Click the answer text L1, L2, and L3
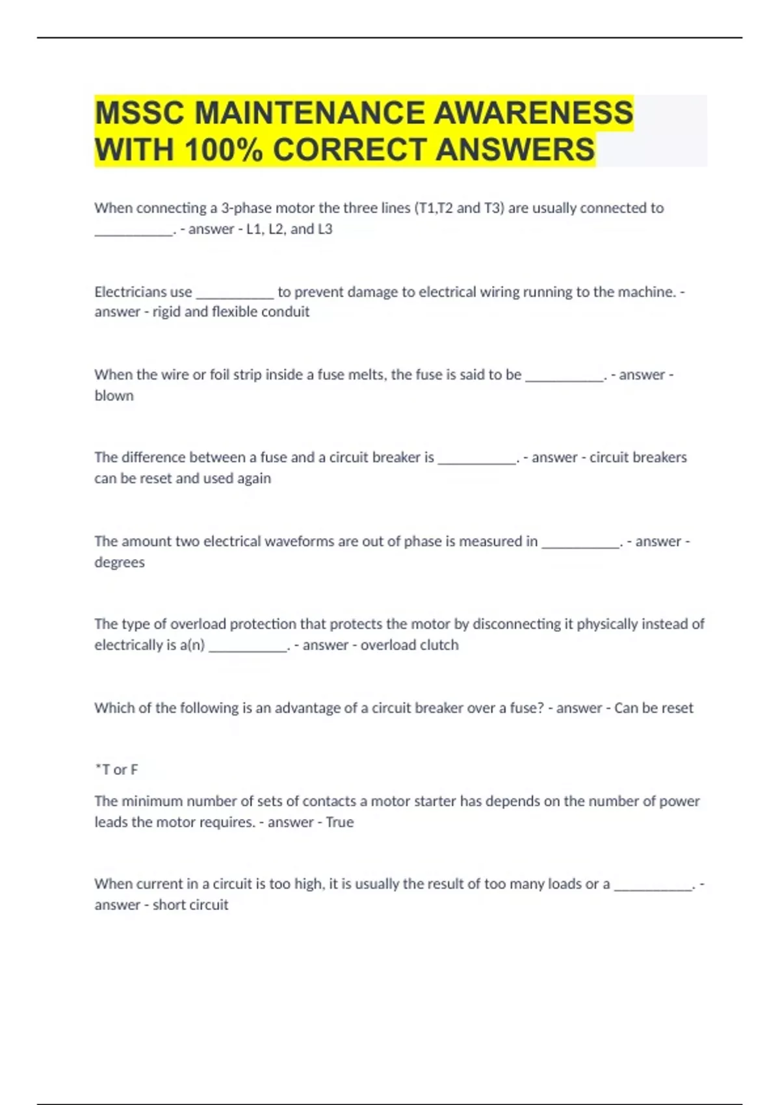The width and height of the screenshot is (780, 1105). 289,229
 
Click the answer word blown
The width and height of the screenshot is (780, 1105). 114,396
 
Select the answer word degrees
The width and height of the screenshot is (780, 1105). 120,562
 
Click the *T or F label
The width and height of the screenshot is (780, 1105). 116,770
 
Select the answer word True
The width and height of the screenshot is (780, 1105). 339,822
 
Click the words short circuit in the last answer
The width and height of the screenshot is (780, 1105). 190,905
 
